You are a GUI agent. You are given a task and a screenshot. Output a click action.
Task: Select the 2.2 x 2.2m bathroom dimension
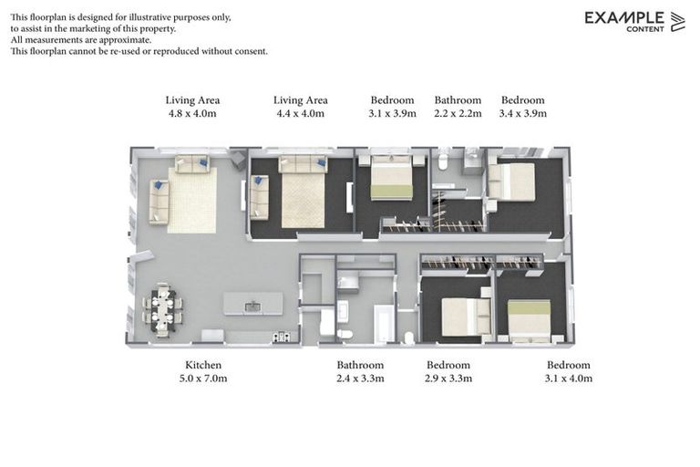coord(458,114)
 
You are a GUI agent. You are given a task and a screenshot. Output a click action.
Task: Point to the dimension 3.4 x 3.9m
coord(523,114)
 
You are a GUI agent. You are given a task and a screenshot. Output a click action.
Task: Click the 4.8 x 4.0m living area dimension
coord(192,114)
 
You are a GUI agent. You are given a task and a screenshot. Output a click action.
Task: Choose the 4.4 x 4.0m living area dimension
coord(301,114)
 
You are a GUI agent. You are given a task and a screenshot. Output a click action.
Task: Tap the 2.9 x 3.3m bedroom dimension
coord(449,378)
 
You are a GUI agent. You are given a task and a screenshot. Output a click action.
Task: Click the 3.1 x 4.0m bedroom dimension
coord(569,378)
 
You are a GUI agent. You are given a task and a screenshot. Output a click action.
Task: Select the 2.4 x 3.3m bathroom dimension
coord(361,378)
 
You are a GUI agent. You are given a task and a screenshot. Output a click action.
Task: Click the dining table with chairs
coord(161,308)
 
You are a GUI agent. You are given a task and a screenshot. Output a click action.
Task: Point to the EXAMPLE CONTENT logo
coord(634,21)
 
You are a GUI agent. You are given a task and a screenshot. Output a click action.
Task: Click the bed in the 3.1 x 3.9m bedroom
coord(391,179)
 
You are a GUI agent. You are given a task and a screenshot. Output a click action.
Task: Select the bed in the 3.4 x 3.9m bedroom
coord(513,182)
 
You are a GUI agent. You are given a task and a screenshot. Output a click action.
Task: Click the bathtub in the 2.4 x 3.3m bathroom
coord(383,325)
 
